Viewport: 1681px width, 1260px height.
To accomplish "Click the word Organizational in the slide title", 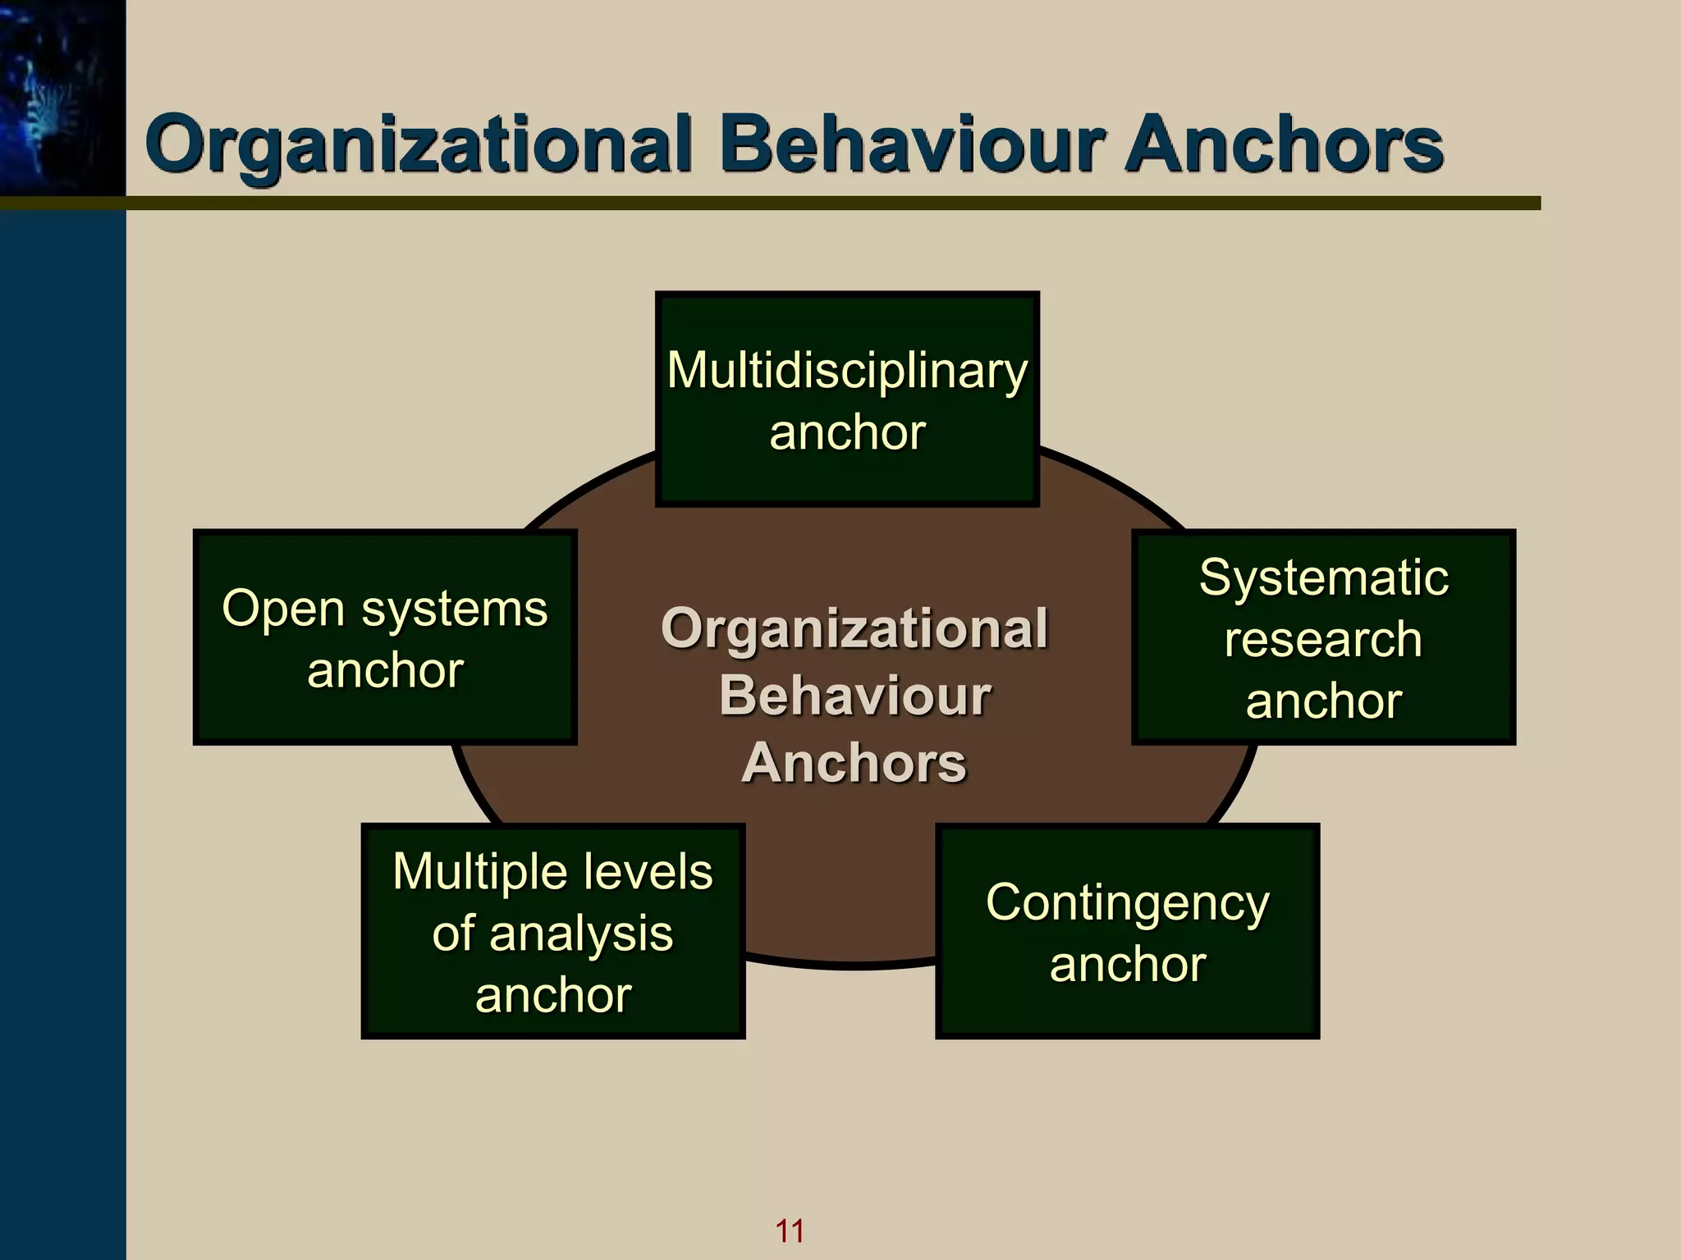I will click(x=419, y=146).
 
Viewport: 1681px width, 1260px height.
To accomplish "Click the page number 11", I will click(x=790, y=1230).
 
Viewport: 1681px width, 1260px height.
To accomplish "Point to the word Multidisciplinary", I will click(x=847, y=370).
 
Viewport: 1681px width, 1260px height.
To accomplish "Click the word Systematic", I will click(x=1323, y=577).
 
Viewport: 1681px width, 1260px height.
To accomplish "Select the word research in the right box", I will click(x=1323, y=640).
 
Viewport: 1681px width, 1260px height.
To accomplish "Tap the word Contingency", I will click(x=1127, y=903).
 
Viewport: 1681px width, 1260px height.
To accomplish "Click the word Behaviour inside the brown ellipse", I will click(x=854, y=696).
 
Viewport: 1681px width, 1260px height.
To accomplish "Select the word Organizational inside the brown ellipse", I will click(x=854, y=629).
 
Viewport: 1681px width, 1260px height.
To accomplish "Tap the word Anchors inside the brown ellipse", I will click(x=854, y=763).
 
